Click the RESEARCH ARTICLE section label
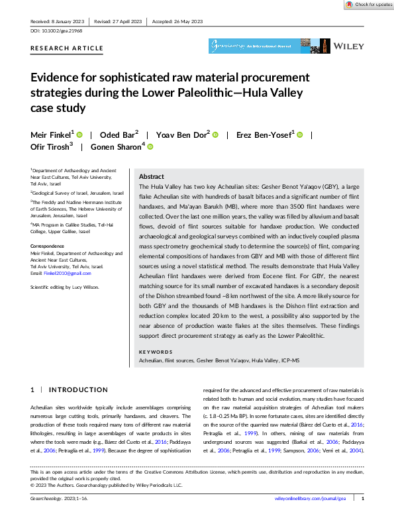pos(67,48)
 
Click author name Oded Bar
pos(120,134)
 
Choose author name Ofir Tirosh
pos(49,148)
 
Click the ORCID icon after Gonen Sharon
pos(150,148)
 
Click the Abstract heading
pos(152,178)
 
